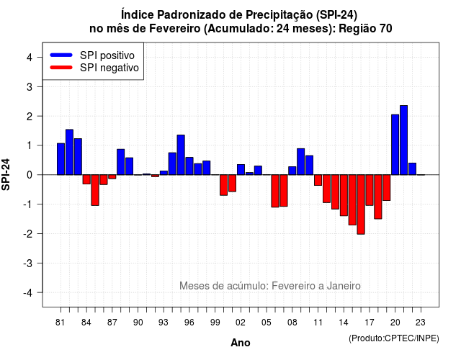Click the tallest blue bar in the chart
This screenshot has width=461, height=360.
click(x=403, y=140)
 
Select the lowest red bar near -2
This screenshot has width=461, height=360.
click(x=361, y=204)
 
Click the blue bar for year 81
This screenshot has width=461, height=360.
click(x=61, y=159)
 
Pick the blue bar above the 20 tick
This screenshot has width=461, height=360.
click(x=395, y=145)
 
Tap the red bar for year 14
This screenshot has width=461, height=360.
click(x=344, y=195)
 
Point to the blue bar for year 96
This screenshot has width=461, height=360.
click(x=189, y=166)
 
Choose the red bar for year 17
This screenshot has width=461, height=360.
click(x=370, y=190)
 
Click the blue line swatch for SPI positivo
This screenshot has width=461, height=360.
click(x=61, y=55)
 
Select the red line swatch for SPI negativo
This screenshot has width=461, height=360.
click(x=61, y=67)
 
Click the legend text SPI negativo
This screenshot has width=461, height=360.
click(x=109, y=68)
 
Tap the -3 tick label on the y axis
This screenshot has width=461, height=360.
click(x=27, y=264)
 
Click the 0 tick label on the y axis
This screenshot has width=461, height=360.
click(x=29, y=175)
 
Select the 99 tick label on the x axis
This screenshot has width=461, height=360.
click(x=215, y=323)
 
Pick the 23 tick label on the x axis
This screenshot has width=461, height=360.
click(x=421, y=323)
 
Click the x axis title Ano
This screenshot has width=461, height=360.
click(x=241, y=343)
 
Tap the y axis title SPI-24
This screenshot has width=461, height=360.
click(x=6, y=174)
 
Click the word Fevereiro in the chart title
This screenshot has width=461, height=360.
click(x=174, y=29)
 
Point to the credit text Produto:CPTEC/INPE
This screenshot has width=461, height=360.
click(x=394, y=338)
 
